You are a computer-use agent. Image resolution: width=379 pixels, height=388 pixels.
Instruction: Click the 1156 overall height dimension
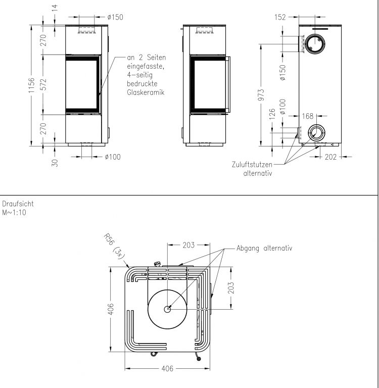[31, 85]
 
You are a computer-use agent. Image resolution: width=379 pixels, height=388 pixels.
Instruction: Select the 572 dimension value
[43, 84]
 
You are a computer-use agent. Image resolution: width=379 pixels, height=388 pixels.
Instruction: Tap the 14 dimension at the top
[55, 8]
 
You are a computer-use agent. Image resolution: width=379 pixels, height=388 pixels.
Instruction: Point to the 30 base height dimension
[55, 163]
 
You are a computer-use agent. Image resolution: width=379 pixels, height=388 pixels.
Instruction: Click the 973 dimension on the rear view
[261, 95]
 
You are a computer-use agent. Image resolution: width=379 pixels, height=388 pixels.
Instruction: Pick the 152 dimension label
[280, 17]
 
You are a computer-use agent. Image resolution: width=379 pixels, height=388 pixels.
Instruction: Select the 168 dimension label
[308, 116]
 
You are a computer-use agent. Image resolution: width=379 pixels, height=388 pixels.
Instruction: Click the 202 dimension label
[330, 157]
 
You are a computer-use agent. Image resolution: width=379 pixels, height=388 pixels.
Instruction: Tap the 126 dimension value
[272, 114]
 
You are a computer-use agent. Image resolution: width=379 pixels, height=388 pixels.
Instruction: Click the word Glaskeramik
[146, 92]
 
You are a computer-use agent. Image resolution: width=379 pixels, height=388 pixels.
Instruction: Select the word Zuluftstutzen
[252, 165]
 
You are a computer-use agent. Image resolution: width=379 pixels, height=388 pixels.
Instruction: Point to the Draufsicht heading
[18, 204]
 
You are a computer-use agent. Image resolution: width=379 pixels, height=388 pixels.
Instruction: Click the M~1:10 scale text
[14, 213]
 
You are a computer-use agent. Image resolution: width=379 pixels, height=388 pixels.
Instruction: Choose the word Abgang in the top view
[248, 248]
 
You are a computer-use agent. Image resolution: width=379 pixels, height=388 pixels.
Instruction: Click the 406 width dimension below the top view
[167, 369]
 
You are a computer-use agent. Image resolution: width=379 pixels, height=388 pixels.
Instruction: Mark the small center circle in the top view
[168, 309]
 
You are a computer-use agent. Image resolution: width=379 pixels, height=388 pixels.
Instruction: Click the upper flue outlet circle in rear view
[315, 44]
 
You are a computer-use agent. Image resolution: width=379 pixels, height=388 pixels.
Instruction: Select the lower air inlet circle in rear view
[315, 133]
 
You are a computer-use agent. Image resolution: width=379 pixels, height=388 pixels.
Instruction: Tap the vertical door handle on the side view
[229, 85]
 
